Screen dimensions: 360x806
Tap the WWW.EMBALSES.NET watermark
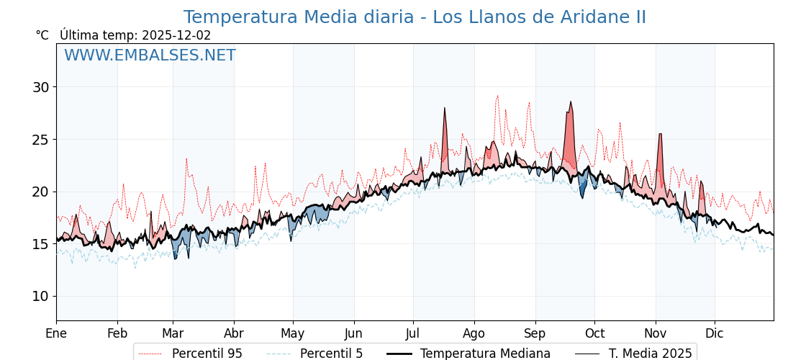(150, 55)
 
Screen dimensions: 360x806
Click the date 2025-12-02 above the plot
(176, 35)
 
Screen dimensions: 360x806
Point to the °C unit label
(42, 35)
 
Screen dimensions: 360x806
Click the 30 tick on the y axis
(40, 87)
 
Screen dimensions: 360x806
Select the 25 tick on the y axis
(40, 140)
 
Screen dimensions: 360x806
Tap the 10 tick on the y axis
(40, 296)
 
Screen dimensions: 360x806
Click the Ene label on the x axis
(56, 333)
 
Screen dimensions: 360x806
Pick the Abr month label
(234, 333)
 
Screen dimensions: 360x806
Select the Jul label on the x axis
(413, 333)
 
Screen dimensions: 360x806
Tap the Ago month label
(474, 333)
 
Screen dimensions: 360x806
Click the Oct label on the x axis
(594, 333)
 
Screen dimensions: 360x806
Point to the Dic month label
(715, 333)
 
